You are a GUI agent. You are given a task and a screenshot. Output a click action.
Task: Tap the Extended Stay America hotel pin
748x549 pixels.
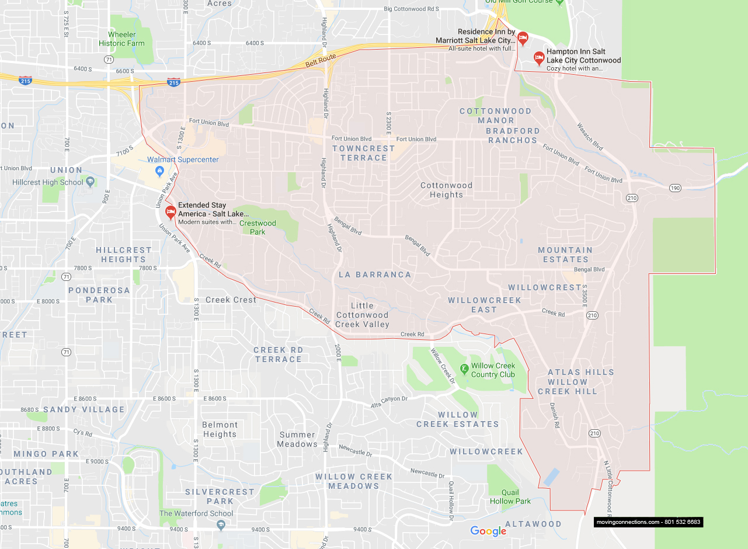coord(171,212)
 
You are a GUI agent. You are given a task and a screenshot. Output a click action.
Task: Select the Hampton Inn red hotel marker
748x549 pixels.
coord(539,58)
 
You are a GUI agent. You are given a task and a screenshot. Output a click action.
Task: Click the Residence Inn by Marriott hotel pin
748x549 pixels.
coord(523,39)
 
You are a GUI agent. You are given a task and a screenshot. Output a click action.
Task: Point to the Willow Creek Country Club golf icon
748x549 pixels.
coord(464,369)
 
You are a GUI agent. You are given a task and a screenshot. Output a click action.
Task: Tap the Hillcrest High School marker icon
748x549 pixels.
coord(90,182)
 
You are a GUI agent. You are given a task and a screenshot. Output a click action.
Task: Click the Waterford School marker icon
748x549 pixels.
coord(221,524)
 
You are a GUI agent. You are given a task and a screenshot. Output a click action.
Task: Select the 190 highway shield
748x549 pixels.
coord(675,187)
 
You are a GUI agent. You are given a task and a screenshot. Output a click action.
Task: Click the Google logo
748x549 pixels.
coord(488,531)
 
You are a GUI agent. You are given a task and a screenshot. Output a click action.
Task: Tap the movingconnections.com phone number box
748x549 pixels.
coord(648,522)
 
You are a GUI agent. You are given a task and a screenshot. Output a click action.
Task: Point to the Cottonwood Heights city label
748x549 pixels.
coord(446,190)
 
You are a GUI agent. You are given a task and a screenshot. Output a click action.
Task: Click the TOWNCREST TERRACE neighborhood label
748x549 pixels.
coord(363,153)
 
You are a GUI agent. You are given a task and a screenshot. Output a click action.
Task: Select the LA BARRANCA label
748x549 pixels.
coord(375,274)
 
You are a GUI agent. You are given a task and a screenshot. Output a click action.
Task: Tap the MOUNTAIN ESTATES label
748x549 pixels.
coord(565,255)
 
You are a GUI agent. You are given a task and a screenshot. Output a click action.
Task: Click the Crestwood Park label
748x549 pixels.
coord(258,227)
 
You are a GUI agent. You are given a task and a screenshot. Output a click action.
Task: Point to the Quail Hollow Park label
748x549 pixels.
coord(510,496)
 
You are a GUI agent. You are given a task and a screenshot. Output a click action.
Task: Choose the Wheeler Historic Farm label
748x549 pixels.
coord(121,39)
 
